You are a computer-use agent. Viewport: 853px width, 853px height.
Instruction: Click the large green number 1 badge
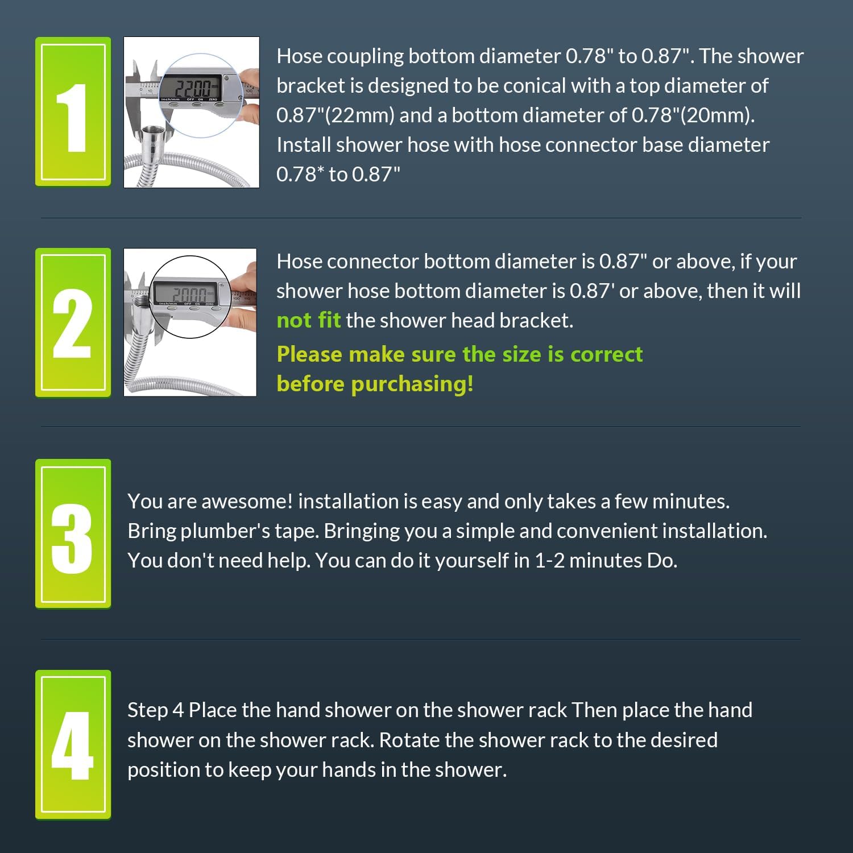click(73, 111)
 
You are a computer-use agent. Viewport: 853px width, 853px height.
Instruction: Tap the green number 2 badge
click(73, 322)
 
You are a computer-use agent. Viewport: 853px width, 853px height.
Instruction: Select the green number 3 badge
click(73, 533)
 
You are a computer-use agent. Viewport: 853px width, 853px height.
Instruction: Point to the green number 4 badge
click(73, 745)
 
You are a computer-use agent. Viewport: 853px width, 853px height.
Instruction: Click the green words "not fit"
click(308, 320)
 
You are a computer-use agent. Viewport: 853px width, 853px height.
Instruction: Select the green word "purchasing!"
click(412, 384)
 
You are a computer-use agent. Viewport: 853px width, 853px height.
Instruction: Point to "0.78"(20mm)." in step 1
click(693, 115)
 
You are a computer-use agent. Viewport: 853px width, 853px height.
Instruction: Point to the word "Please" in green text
click(310, 354)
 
